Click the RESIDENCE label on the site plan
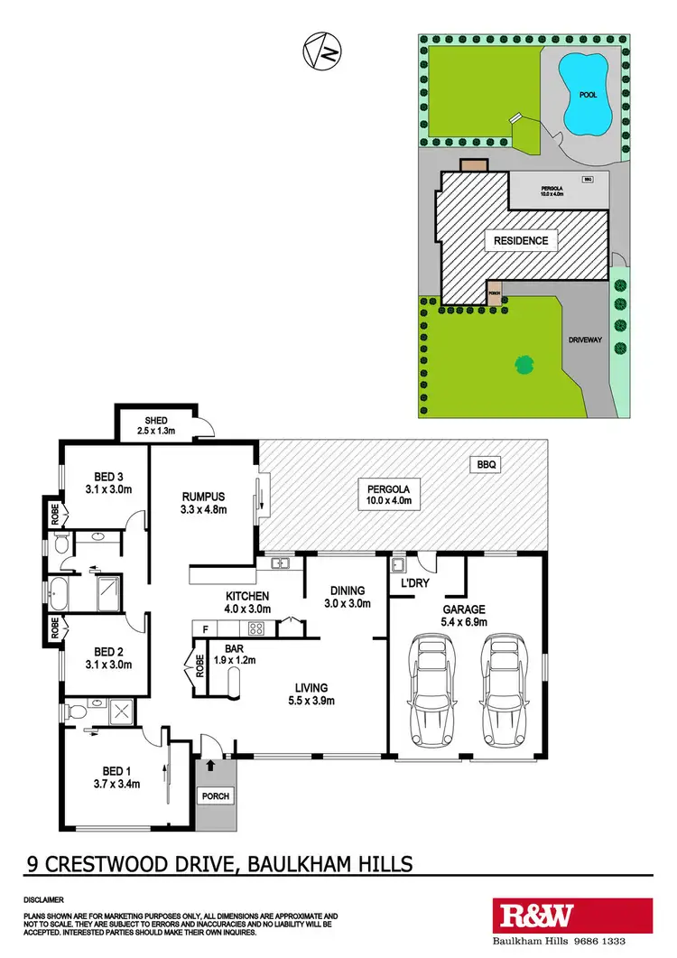[521, 241]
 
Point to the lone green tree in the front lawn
[523, 365]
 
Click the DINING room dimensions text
[348, 604]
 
